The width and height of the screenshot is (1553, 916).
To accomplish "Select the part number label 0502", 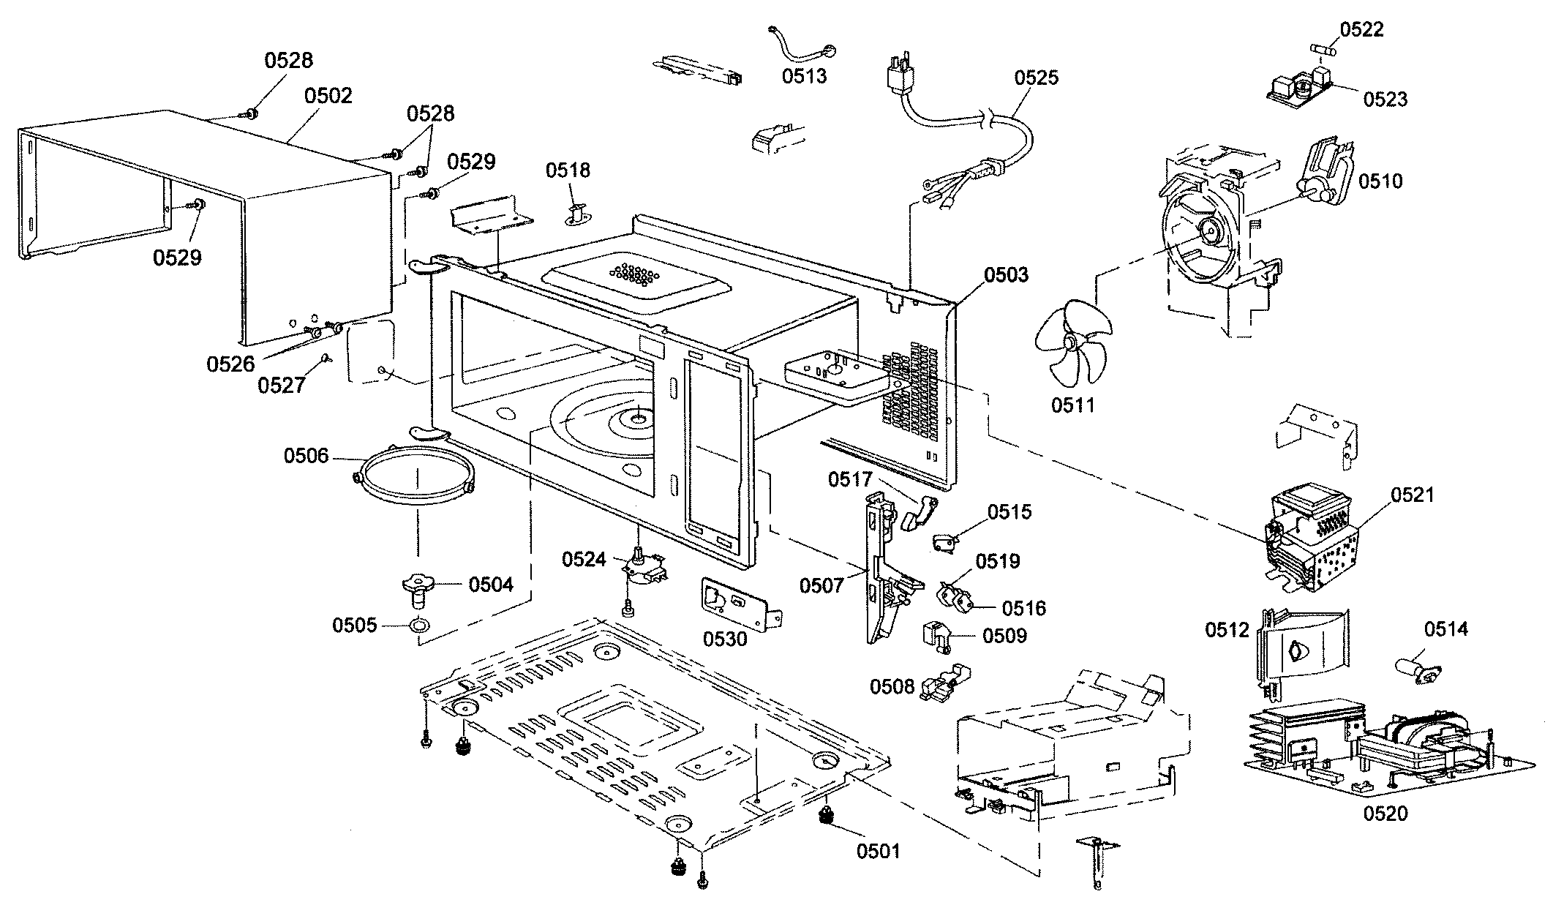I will click(x=328, y=96).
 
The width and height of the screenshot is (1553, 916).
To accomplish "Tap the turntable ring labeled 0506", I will click(x=415, y=476).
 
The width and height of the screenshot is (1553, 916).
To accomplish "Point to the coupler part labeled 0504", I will click(x=418, y=586).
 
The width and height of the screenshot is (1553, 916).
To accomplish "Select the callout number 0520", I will click(x=1385, y=814).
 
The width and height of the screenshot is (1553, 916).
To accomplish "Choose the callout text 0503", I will click(x=1006, y=275).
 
